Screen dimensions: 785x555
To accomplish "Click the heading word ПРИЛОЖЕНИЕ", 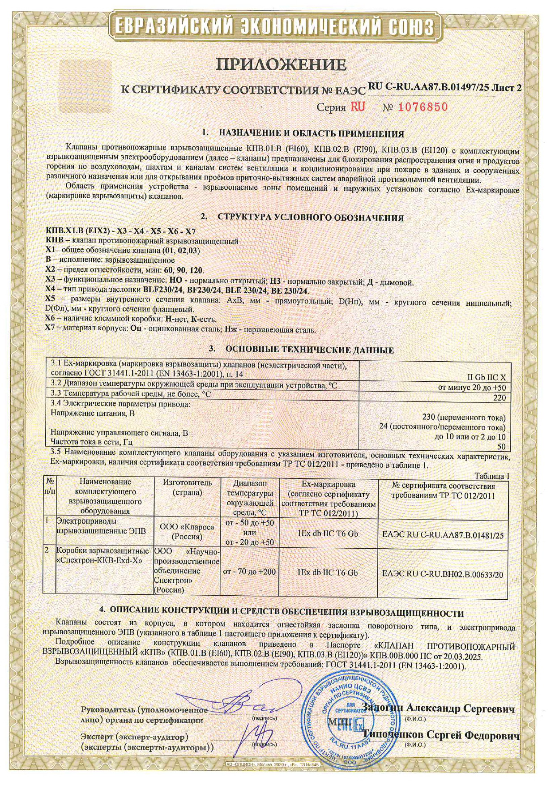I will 282,65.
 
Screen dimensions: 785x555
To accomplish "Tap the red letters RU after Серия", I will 358,107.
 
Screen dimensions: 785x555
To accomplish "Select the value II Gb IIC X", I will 486,377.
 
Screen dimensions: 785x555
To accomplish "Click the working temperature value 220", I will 499,397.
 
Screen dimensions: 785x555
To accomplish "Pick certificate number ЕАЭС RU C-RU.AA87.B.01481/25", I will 443,535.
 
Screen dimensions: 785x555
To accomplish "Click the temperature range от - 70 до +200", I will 249,572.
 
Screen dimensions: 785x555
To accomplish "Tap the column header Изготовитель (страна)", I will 187,488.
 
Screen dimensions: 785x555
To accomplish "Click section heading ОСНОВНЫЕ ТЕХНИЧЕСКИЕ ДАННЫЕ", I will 309,350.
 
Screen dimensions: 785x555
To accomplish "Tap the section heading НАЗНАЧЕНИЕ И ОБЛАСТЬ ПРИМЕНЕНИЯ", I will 311,133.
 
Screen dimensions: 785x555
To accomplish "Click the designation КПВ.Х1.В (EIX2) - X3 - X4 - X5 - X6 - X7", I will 121,231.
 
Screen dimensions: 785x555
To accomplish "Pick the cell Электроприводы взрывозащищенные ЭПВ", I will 101,526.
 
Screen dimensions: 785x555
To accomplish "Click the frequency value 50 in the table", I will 501,447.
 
